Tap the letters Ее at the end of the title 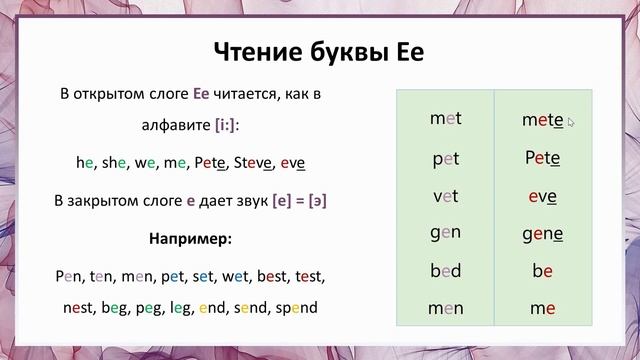(x=403, y=52)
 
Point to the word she (x=116, y=163)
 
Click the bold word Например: (x=189, y=240)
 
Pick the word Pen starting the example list (x=68, y=274)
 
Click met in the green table (x=445, y=119)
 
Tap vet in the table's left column (x=445, y=195)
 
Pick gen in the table (x=445, y=232)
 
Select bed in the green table (x=445, y=270)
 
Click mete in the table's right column (x=543, y=120)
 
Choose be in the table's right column (x=543, y=271)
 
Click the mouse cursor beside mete (x=571, y=123)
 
